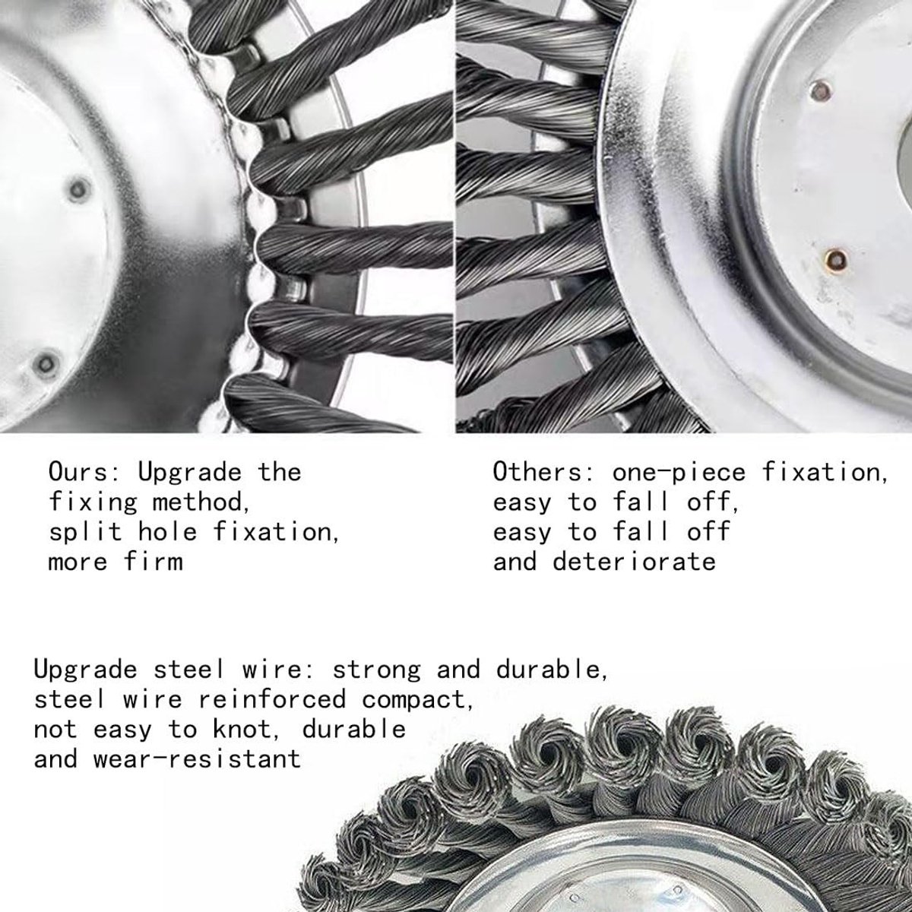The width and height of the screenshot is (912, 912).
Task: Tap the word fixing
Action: click(93, 502)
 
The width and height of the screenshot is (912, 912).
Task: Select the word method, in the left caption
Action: click(201, 502)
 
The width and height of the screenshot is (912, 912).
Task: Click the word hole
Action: click(167, 532)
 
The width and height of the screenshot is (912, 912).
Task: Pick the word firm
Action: click(154, 562)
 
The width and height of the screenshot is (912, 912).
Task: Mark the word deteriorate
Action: click(634, 562)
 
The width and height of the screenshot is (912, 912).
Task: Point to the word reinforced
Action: click(273, 700)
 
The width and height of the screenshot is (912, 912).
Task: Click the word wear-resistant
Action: click(197, 759)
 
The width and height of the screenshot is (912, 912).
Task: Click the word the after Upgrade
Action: click(280, 472)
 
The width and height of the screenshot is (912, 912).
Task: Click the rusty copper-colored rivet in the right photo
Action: click(836, 259)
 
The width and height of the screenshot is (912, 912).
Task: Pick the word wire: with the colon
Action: click(271, 670)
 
